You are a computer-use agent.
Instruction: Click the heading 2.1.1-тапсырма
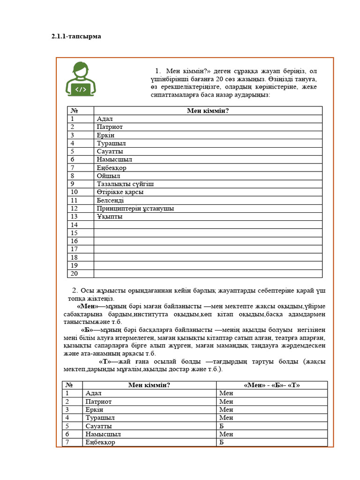click(76, 36)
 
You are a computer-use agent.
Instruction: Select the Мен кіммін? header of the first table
click(208, 111)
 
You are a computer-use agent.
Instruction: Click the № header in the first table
click(74, 111)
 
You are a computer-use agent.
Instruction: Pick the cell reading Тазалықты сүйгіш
click(125, 184)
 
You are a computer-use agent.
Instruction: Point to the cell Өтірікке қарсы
click(120, 192)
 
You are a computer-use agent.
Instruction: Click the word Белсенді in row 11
click(110, 200)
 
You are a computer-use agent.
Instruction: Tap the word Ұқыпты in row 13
click(109, 217)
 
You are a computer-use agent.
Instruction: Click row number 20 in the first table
click(74, 273)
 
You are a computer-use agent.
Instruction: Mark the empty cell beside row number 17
click(208, 249)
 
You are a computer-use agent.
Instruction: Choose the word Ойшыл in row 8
click(108, 176)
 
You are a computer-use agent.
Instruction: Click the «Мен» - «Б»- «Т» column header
click(272, 385)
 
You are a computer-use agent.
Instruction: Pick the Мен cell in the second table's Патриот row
click(226, 402)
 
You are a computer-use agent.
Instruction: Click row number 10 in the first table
click(74, 192)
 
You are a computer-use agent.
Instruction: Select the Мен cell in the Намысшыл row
click(226, 434)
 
